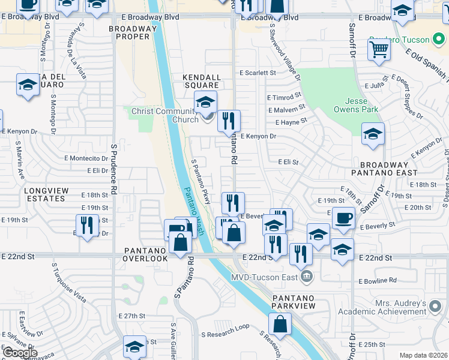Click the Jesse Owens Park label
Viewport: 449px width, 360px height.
pos(356,105)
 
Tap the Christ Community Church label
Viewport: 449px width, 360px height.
pos(165,115)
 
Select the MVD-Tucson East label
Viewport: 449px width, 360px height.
pos(264,277)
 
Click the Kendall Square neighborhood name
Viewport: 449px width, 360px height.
pos(203,81)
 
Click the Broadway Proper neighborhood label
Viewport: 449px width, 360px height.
pos(129,32)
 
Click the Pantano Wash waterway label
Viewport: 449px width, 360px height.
pos(193,210)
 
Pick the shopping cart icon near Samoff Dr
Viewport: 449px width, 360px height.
pos(379,50)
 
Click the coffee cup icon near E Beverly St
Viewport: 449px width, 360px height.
pos(343,218)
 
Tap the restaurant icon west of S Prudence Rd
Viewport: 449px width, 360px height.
pos(88,226)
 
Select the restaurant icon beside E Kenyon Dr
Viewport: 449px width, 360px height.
pos(229,121)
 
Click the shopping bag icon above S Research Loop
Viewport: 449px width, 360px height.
pos(280,325)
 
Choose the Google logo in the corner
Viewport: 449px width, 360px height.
pos(20,352)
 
